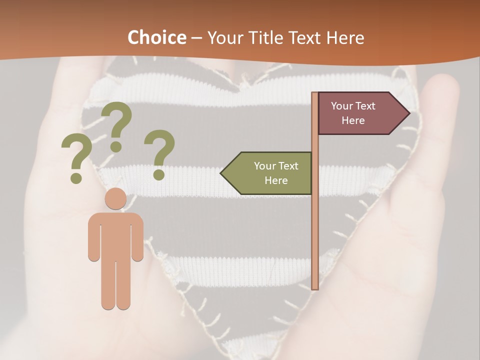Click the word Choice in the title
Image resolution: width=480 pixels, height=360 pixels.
point(156,37)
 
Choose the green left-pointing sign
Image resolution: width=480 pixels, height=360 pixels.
point(270,173)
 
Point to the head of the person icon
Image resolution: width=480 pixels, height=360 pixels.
point(115,198)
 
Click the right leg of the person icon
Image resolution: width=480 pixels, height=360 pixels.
point(123,280)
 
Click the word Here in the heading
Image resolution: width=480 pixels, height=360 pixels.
point(345,38)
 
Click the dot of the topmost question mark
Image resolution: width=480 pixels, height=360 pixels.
point(116,146)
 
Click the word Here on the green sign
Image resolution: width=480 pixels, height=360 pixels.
point(276,180)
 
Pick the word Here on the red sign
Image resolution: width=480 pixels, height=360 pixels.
point(353,120)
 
